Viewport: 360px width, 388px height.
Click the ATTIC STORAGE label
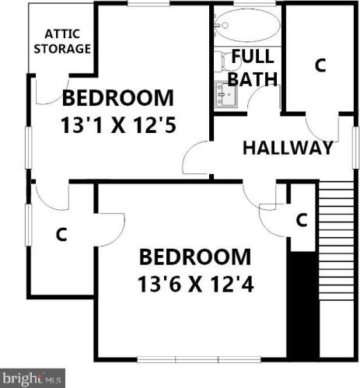[x=67, y=41]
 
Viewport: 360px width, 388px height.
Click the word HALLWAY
[x=287, y=148]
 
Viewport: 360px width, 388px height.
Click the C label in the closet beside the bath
[x=319, y=65]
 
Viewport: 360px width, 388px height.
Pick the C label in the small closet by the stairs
[x=302, y=220]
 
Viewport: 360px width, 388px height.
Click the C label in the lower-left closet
[x=61, y=234]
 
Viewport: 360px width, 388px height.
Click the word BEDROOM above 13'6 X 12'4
[x=195, y=257]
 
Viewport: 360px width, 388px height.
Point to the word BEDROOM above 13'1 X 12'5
[x=117, y=99]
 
